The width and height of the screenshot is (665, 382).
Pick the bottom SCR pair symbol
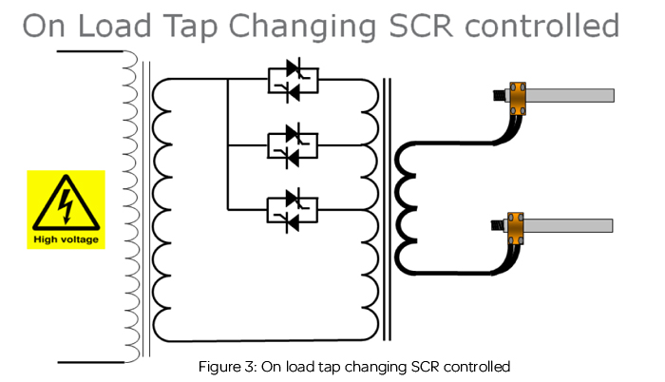[293, 210]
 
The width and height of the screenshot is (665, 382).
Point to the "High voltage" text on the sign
[66, 239]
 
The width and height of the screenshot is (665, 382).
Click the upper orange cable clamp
[518, 97]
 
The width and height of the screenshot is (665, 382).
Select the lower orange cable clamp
[516, 227]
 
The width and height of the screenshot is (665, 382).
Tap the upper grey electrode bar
[571, 96]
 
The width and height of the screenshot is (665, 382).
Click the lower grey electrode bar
[571, 226]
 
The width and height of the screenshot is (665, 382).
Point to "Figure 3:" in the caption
[226, 366]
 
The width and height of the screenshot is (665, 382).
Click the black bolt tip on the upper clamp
[497, 96]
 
